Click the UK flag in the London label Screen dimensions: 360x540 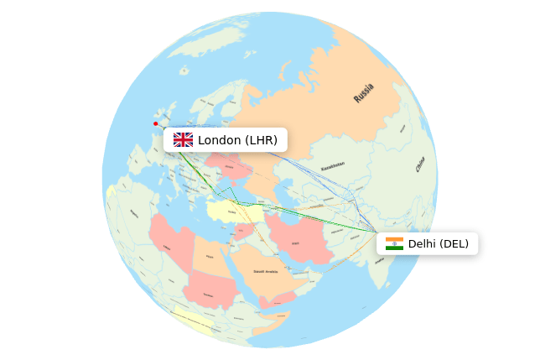183,140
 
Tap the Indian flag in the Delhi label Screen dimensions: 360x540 394,244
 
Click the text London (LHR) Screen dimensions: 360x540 237,140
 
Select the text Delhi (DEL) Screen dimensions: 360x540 438,244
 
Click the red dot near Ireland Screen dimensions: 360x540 155,123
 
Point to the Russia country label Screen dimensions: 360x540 364,92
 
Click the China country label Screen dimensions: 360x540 420,164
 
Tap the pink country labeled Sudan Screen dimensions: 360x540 205,290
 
